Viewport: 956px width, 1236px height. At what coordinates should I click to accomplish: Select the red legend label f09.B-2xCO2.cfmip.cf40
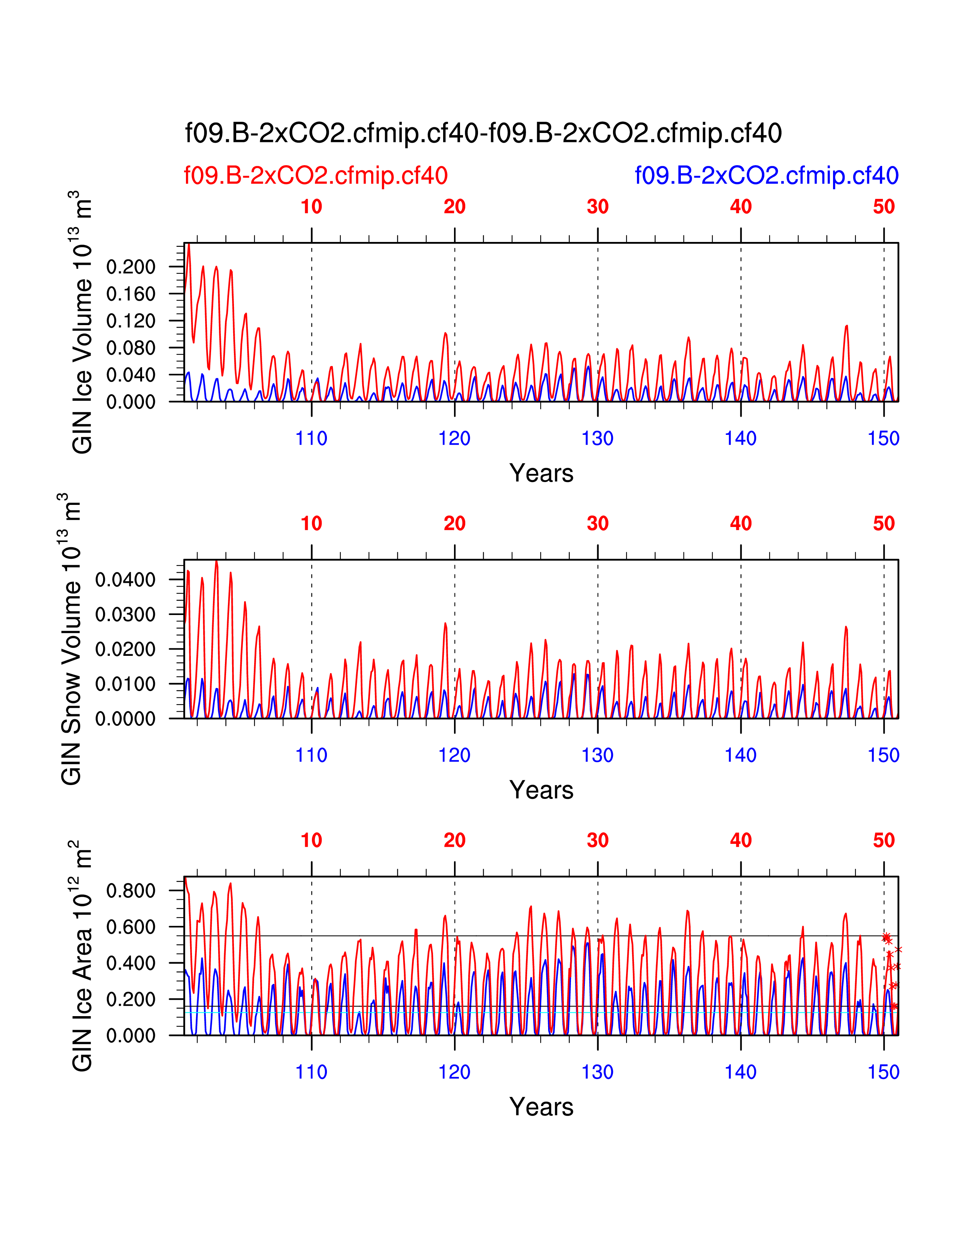click(x=315, y=175)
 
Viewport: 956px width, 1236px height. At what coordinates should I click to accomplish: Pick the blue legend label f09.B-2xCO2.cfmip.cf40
click(x=766, y=175)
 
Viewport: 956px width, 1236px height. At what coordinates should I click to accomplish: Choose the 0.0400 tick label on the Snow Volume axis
click(x=125, y=579)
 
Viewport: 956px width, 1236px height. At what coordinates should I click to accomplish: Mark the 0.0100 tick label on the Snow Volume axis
click(x=125, y=684)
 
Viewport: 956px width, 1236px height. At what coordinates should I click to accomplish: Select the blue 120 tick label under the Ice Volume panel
click(x=454, y=438)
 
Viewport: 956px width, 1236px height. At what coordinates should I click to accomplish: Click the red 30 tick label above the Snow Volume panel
click(x=598, y=524)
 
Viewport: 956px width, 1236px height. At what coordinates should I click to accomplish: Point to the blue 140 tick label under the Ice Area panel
click(x=740, y=1072)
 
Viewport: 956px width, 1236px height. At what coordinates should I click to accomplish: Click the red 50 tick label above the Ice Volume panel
click(x=884, y=207)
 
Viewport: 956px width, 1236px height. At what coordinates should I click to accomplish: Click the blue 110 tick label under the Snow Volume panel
click(x=311, y=755)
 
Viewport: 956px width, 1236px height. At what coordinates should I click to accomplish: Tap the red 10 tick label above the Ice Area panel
click(x=311, y=840)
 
